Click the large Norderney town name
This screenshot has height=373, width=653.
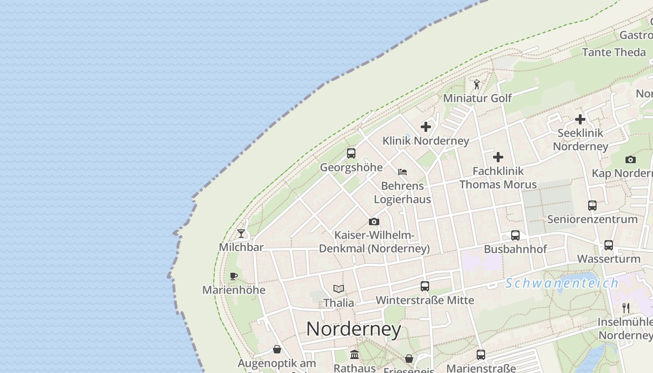point(354,329)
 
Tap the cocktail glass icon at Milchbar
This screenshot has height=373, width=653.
point(241,233)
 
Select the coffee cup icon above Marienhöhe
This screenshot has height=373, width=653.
point(234,276)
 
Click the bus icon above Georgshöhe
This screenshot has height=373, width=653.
point(351,153)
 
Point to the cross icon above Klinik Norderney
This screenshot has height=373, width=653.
point(425,126)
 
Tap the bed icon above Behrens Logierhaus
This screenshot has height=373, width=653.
point(403,172)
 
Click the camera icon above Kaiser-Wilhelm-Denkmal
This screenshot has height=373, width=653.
point(374,221)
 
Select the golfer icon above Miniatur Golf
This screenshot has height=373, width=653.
point(476,84)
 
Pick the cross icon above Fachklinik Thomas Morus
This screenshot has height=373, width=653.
point(498,157)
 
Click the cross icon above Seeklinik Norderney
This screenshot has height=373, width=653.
point(580,119)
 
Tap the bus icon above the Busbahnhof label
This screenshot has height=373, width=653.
point(515,235)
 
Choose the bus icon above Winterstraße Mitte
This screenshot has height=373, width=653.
point(424,286)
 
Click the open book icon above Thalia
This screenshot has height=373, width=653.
point(339,289)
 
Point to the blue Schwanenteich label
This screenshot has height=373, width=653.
point(562,283)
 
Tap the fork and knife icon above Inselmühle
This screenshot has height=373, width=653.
point(626,308)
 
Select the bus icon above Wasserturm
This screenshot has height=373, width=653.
point(608,245)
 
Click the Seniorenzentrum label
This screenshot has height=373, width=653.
point(592,219)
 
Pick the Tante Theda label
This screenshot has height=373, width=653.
point(614,52)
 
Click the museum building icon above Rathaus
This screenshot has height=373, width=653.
point(354,355)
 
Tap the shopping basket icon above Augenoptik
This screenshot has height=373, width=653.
point(277,349)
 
